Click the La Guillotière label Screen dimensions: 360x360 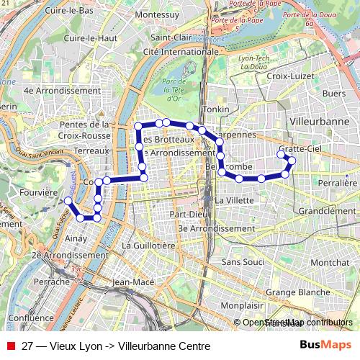point(149,246)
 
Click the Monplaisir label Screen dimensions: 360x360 point(242,305)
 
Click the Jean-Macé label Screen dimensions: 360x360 point(134,282)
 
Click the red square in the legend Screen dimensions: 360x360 point(10,346)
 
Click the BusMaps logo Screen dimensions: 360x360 point(325,346)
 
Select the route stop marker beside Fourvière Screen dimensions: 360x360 point(68,200)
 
